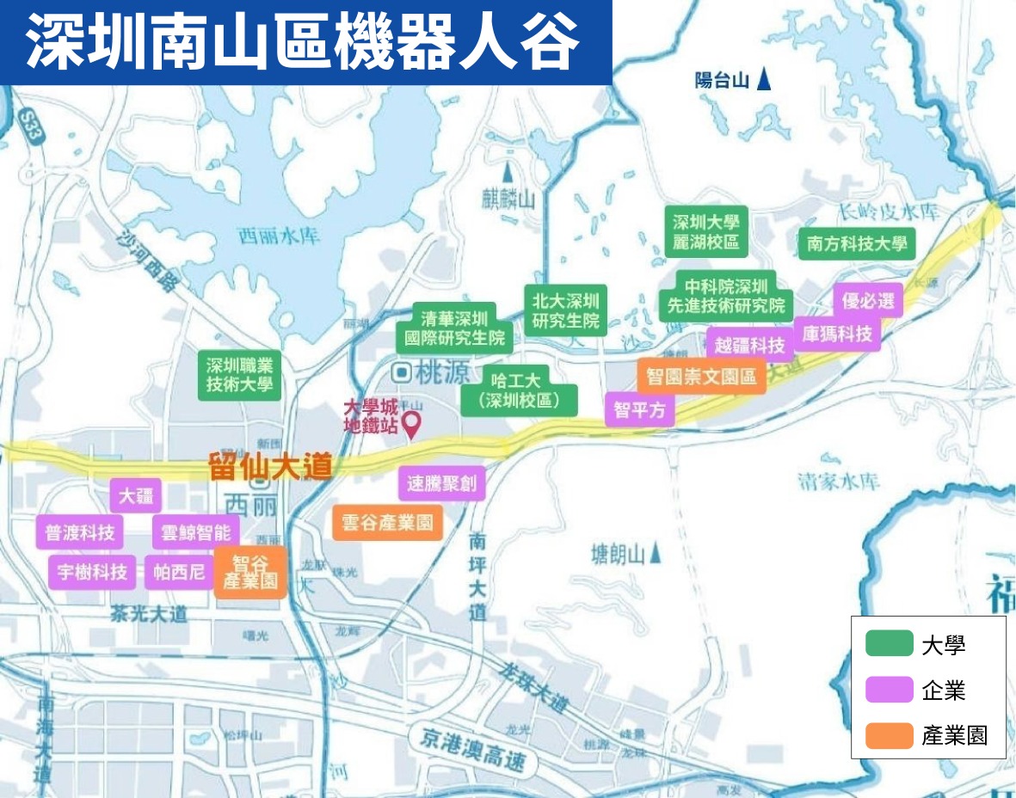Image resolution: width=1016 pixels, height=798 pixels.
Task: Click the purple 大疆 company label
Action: point(136,496)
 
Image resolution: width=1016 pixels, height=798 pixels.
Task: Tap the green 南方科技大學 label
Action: point(856,244)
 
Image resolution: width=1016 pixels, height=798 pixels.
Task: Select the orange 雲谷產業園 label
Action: point(387,522)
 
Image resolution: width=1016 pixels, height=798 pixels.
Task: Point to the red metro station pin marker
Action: point(412,423)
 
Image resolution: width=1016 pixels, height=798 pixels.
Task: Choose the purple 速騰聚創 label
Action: point(442,483)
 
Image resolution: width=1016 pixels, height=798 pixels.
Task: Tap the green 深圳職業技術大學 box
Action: point(239,376)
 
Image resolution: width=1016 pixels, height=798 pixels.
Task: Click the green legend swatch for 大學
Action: point(889,644)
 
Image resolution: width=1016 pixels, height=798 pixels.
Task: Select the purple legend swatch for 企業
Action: point(889,690)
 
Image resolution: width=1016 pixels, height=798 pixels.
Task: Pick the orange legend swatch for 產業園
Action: point(889,736)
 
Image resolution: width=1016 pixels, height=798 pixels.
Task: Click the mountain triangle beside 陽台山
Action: point(764,82)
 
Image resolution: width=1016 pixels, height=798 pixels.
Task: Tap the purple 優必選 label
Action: point(867,300)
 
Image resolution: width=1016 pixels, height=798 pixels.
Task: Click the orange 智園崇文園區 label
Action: point(701,377)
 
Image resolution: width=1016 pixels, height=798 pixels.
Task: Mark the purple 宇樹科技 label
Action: point(93,571)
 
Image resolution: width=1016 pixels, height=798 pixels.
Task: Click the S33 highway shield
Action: point(34,123)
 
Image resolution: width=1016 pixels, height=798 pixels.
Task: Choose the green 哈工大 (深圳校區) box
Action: point(518,390)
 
